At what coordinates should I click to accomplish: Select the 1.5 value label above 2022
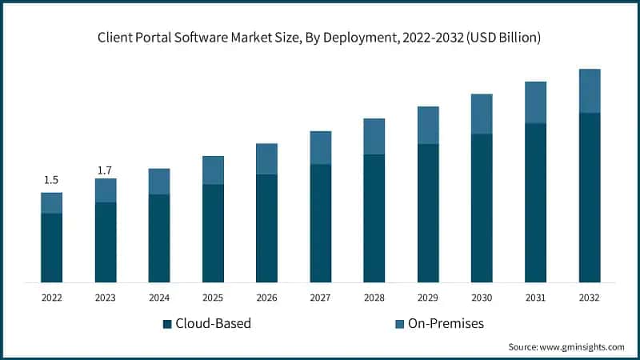click(51, 180)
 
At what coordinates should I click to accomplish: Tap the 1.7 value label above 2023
click(105, 170)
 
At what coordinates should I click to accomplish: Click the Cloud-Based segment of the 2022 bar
click(51, 247)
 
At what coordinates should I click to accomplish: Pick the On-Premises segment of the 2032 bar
click(590, 91)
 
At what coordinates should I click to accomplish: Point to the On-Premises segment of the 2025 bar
click(213, 170)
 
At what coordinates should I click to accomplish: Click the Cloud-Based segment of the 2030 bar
click(482, 207)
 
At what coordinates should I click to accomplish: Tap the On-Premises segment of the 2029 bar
click(428, 126)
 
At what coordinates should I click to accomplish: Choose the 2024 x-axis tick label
click(159, 298)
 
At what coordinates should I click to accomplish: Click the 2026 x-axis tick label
click(266, 298)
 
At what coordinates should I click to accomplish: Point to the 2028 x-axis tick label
click(374, 298)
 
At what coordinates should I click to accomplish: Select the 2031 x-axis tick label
click(535, 298)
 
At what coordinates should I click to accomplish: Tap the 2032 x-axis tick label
click(590, 298)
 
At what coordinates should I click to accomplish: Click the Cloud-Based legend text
click(214, 323)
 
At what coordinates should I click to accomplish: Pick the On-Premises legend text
click(446, 323)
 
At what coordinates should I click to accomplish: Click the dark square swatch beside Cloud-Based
click(167, 324)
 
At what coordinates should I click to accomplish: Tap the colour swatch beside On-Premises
click(399, 324)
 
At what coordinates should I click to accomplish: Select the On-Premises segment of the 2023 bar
click(105, 190)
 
